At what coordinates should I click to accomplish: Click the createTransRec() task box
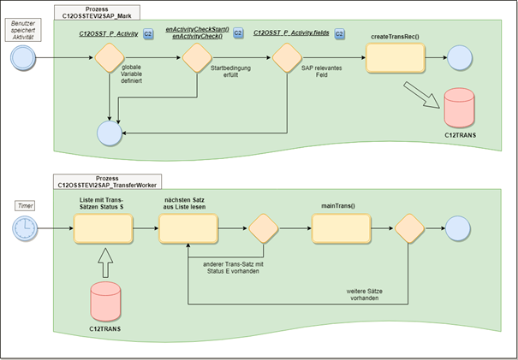click(x=396, y=58)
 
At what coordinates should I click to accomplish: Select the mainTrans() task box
click(x=340, y=229)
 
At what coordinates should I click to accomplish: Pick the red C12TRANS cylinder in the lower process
click(x=104, y=299)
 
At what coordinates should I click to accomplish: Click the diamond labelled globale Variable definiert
click(x=108, y=58)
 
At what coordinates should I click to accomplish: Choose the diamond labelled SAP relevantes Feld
click(x=285, y=58)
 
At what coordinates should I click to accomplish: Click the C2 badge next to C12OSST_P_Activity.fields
click(x=339, y=33)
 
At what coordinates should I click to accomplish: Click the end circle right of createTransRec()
click(x=459, y=58)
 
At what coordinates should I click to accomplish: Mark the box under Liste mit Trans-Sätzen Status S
click(x=104, y=229)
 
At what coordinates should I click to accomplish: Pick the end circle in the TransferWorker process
click(x=459, y=229)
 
